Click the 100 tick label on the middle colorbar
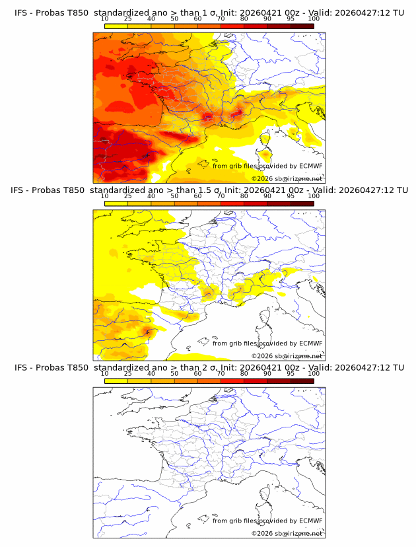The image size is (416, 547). click(314, 196)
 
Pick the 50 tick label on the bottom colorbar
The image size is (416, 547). click(174, 373)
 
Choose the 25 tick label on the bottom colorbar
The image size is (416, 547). click(127, 373)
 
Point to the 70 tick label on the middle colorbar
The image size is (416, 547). click(221, 196)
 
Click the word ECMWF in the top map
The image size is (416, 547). click(310, 166)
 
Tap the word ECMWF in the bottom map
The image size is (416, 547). click(310, 521)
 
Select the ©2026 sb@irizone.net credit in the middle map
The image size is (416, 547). click(287, 355)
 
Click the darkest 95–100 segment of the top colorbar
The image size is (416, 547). click(302, 26)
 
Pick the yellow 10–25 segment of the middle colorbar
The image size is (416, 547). click(116, 203)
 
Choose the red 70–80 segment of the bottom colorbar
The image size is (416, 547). click(232, 380)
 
